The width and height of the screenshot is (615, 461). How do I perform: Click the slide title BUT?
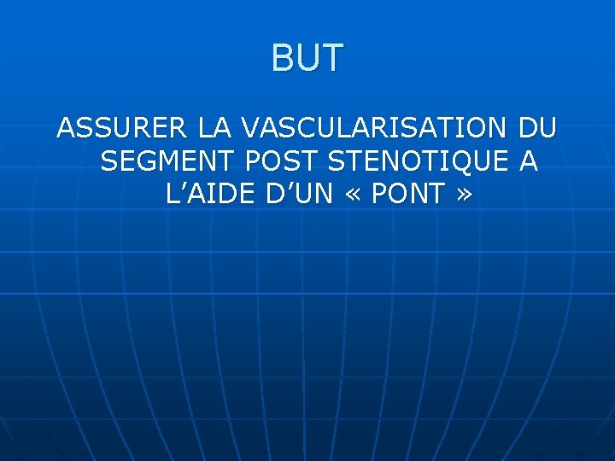click(x=307, y=59)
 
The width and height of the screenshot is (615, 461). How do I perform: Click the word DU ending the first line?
click(x=537, y=129)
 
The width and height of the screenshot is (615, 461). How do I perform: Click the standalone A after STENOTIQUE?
click(x=529, y=161)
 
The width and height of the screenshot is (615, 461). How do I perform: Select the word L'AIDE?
click(x=209, y=194)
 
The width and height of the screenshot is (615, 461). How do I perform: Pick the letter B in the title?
click(x=284, y=59)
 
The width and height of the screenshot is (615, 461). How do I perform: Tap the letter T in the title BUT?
click(x=333, y=59)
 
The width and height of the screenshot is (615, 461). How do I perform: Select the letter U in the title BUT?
click(x=307, y=59)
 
